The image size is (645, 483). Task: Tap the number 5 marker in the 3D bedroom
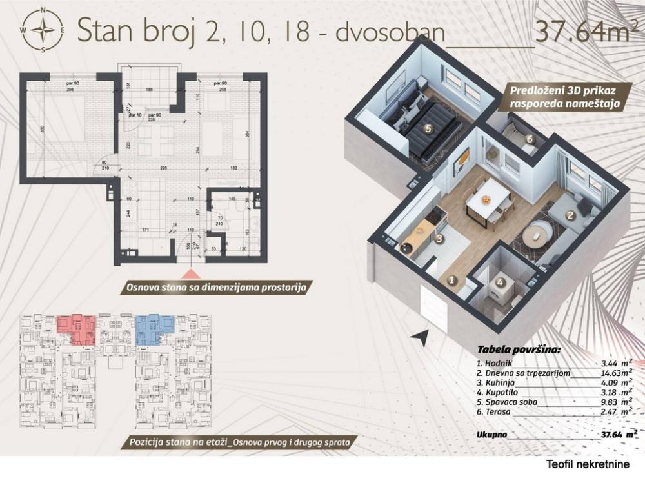click(x=427, y=128)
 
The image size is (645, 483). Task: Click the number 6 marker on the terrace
click(x=530, y=138)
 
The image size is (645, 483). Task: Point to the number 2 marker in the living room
click(x=570, y=217)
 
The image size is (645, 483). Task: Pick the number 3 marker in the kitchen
click(x=439, y=238)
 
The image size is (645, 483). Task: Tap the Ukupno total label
click(x=491, y=434)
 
